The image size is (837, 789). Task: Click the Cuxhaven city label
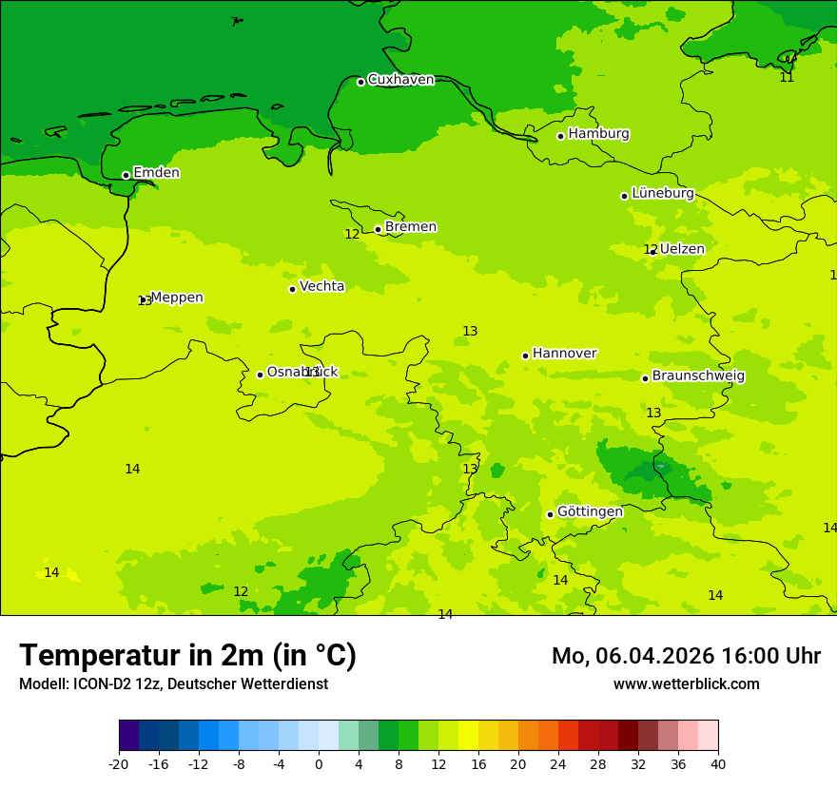tap(400, 80)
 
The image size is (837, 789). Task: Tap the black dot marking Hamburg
tap(561, 136)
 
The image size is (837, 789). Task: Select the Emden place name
tap(156, 173)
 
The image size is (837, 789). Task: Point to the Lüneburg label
tap(663, 193)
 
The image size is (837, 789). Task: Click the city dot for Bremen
tap(378, 229)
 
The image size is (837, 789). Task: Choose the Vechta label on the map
tap(321, 286)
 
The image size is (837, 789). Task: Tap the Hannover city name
tap(564, 354)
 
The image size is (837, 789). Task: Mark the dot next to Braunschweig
tap(645, 378)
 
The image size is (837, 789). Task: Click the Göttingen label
tap(590, 511)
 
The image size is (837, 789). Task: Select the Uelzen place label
tap(682, 249)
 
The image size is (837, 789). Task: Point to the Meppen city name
tap(177, 298)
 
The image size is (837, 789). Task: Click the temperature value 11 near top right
tap(787, 77)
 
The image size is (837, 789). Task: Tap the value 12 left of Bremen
tap(352, 234)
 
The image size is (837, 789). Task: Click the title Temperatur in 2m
tap(187, 655)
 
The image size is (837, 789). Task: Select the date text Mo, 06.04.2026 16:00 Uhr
tap(686, 656)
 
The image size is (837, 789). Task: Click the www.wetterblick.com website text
tap(686, 683)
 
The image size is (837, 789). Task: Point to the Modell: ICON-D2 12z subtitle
tap(173, 683)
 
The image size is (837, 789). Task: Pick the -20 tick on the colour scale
tap(119, 763)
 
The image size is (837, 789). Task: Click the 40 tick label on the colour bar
tap(718, 763)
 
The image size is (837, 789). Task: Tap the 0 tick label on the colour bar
tap(319, 763)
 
